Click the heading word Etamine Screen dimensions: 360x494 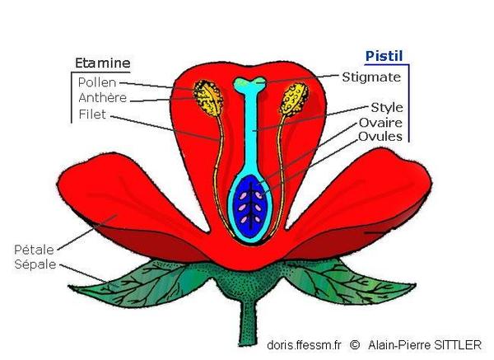(x=102, y=63)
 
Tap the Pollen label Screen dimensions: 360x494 (x=96, y=82)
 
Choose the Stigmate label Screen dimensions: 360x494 (x=371, y=77)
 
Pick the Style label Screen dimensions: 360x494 (x=386, y=107)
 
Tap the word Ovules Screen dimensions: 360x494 (x=380, y=136)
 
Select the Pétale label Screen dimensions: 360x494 (x=35, y=248)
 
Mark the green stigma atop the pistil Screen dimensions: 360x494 (x=249, y=83)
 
